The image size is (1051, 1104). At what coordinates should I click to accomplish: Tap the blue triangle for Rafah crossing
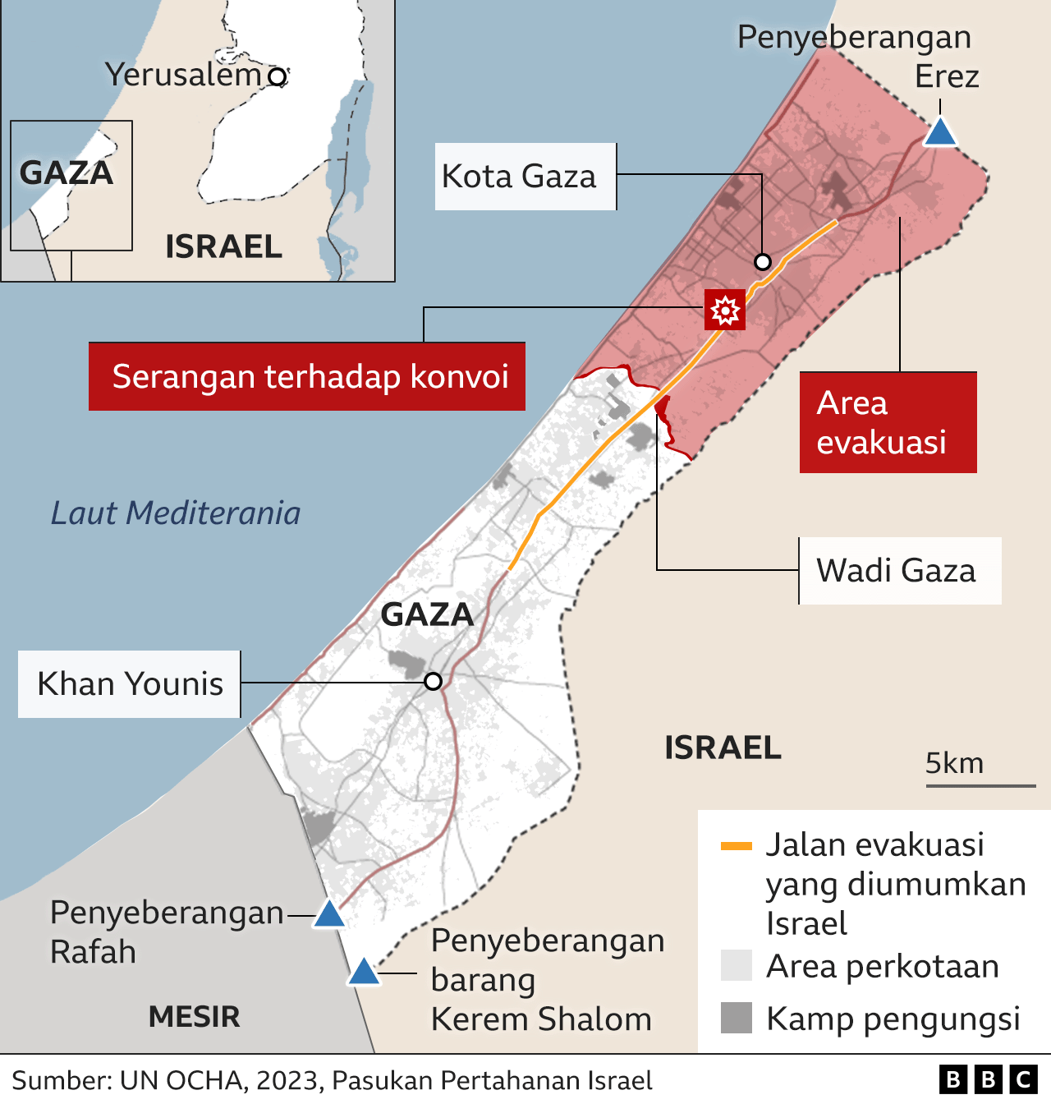pos(329,915)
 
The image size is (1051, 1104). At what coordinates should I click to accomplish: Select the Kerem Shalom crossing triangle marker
pos(364,973)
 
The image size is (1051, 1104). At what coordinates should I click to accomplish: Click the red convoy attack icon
pos(725,310)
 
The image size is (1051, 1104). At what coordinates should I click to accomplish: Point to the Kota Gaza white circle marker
pos(763,262)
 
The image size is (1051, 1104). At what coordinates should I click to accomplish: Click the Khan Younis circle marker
pos(434,681)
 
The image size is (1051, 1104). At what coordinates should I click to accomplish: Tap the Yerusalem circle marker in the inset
pos(278,77)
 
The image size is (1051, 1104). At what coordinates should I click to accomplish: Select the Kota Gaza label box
pos(525,177)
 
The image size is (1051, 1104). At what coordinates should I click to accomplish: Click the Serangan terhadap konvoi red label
pos(307,376)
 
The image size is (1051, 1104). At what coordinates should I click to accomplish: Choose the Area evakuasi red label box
pos(888,422)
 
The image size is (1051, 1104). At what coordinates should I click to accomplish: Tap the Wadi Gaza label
pos(899,571)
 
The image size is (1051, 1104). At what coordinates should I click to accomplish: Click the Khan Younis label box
pos(130,684)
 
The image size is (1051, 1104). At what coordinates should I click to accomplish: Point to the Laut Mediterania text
pos(176,513)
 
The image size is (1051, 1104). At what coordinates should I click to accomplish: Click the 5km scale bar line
pos(980,786)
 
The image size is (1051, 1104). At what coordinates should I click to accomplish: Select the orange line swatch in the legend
pos(736,846)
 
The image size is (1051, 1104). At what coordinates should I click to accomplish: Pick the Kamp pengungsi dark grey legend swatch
pos(736,1018)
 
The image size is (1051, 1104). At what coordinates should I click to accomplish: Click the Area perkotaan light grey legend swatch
pos(736,965)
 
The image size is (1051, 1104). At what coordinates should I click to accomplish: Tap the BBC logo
pos(989,1079)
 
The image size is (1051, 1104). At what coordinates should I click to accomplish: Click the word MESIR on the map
pos(195,1017)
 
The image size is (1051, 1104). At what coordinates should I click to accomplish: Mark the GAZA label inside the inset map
pos(66,172)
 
